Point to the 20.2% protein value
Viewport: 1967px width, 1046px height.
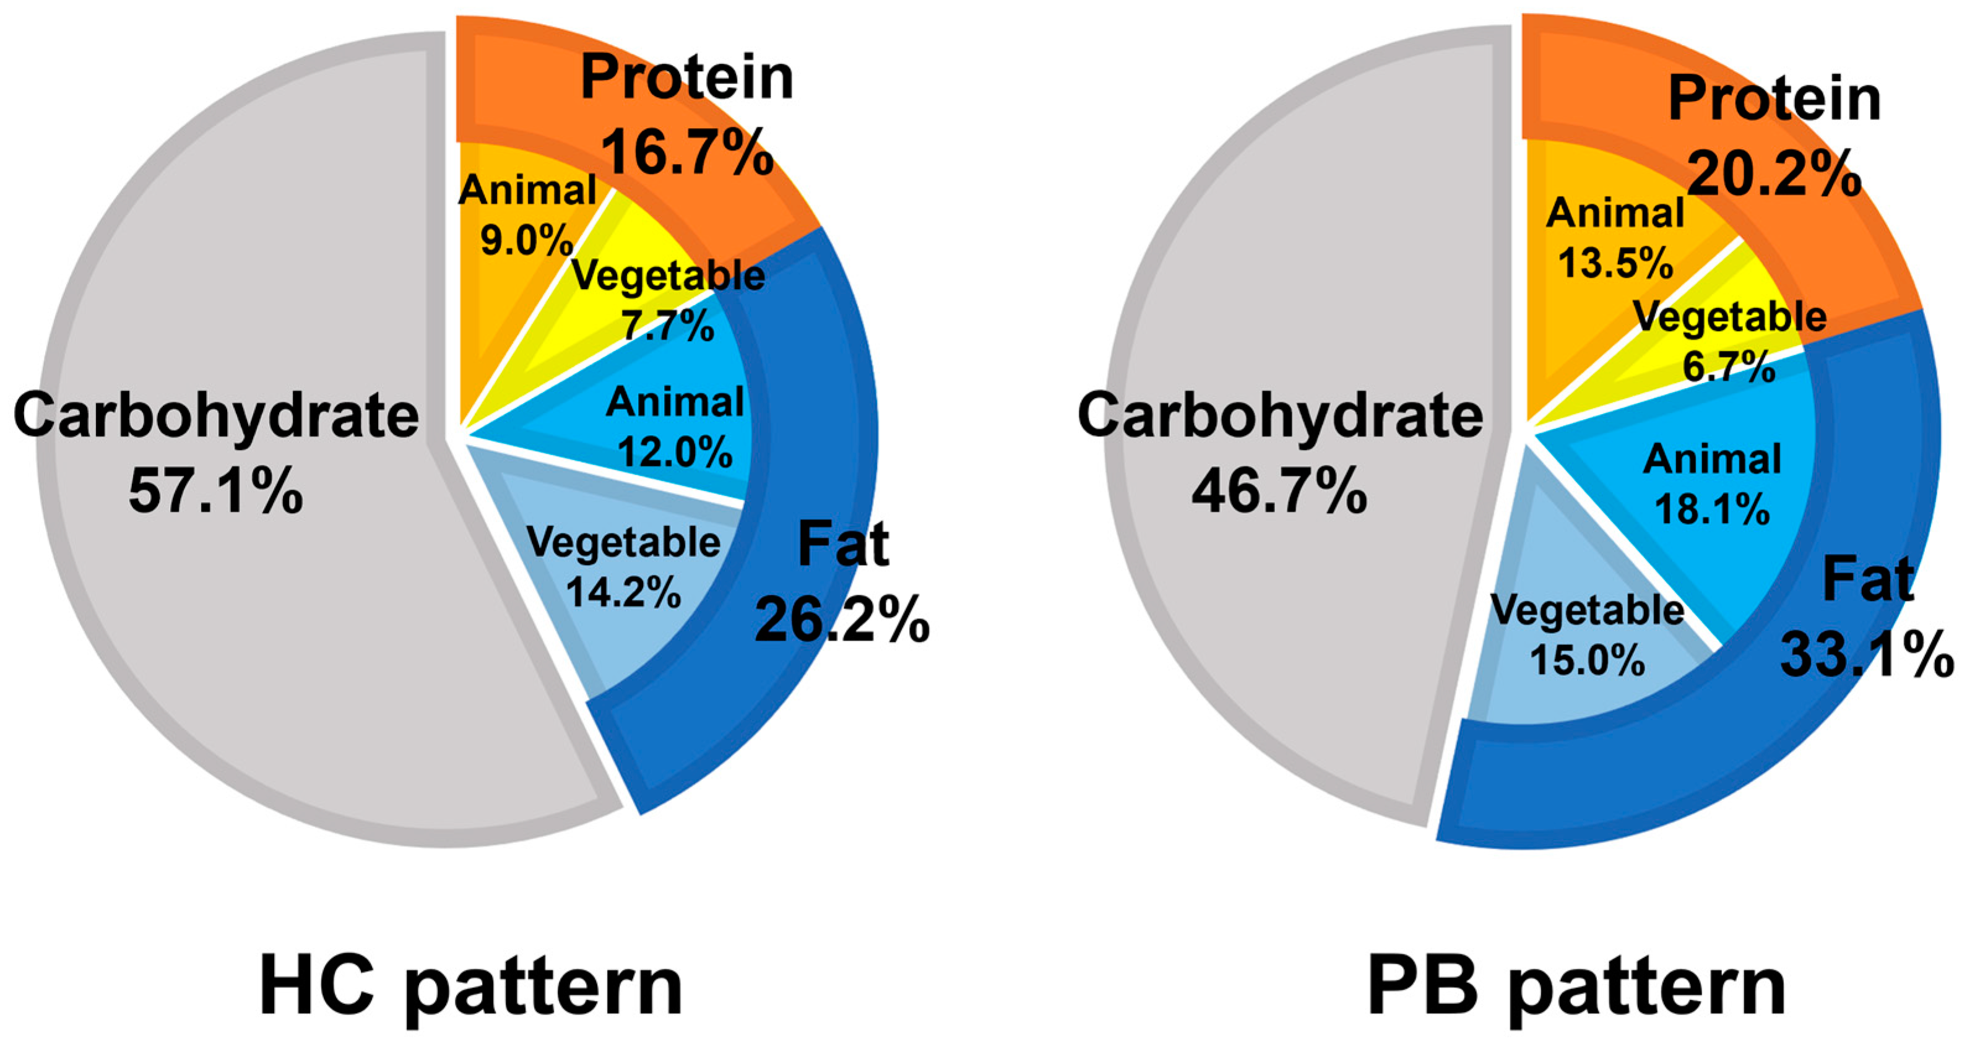[x=1774, y=173]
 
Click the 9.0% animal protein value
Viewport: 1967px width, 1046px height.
[x=526, y=241]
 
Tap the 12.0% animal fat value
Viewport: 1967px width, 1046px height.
[x=675, y=451]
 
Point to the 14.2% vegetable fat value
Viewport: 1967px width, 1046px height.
[x=624, y=592]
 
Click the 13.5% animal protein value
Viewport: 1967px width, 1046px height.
[x=1615, y=264]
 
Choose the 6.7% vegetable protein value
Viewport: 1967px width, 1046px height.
[x=1729, y=367]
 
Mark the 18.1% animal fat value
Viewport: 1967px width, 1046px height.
[x=1712, y=509]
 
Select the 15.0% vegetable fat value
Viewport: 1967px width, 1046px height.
[x=1588, y=659]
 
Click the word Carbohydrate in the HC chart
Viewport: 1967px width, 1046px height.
[x=216, y=416]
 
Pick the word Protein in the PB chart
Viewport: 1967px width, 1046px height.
[x=1774, y=99]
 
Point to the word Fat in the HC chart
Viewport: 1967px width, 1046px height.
[x=843, y=545]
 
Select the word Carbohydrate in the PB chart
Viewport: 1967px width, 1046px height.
[x=1280, y=416]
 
